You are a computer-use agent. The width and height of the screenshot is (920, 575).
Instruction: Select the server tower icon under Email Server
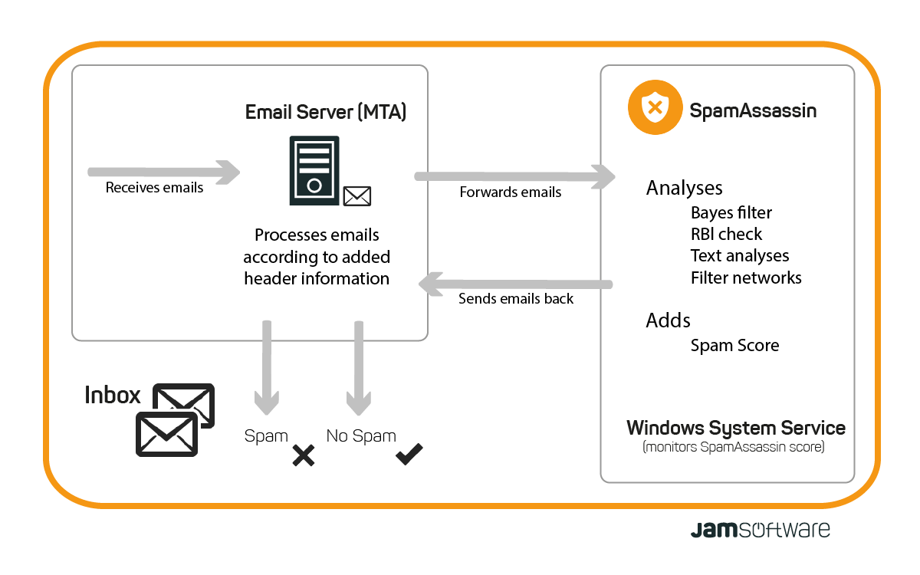(x=314, y=170)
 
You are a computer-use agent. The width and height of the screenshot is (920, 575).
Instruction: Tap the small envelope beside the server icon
(x=357, y=196)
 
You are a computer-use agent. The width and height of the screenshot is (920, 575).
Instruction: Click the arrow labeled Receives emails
(x=164, y=172)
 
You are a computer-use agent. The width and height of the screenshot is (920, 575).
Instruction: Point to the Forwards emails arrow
(x=514, y=176)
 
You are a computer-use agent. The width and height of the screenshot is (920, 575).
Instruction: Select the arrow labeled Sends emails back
(x=514, y=284)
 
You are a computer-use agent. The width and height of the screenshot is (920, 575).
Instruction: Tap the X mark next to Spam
(x=304, y=456)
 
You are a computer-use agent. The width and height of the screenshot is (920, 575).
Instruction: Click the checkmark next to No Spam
(x=409, y=455)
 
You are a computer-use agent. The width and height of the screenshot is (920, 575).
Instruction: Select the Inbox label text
(x=113, y=395)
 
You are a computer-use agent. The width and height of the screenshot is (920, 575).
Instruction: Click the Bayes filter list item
(x=731, y=212)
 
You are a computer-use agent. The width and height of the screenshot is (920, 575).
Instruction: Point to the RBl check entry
(x=727, y=234)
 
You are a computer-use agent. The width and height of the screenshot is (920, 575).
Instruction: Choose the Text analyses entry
(x=740, y=255)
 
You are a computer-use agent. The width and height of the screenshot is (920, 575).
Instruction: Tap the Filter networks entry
(x=746, y=278)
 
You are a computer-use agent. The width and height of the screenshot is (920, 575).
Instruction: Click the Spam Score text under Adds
(x=734, y=345)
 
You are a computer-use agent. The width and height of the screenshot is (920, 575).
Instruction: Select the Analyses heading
(x=684, y=188)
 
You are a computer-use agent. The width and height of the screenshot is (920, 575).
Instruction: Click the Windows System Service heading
(x=736, y=428)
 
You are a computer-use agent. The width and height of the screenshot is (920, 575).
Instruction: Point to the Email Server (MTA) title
(x=326, y=112)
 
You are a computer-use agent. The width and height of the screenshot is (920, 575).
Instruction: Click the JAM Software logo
(x=760, y=529)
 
